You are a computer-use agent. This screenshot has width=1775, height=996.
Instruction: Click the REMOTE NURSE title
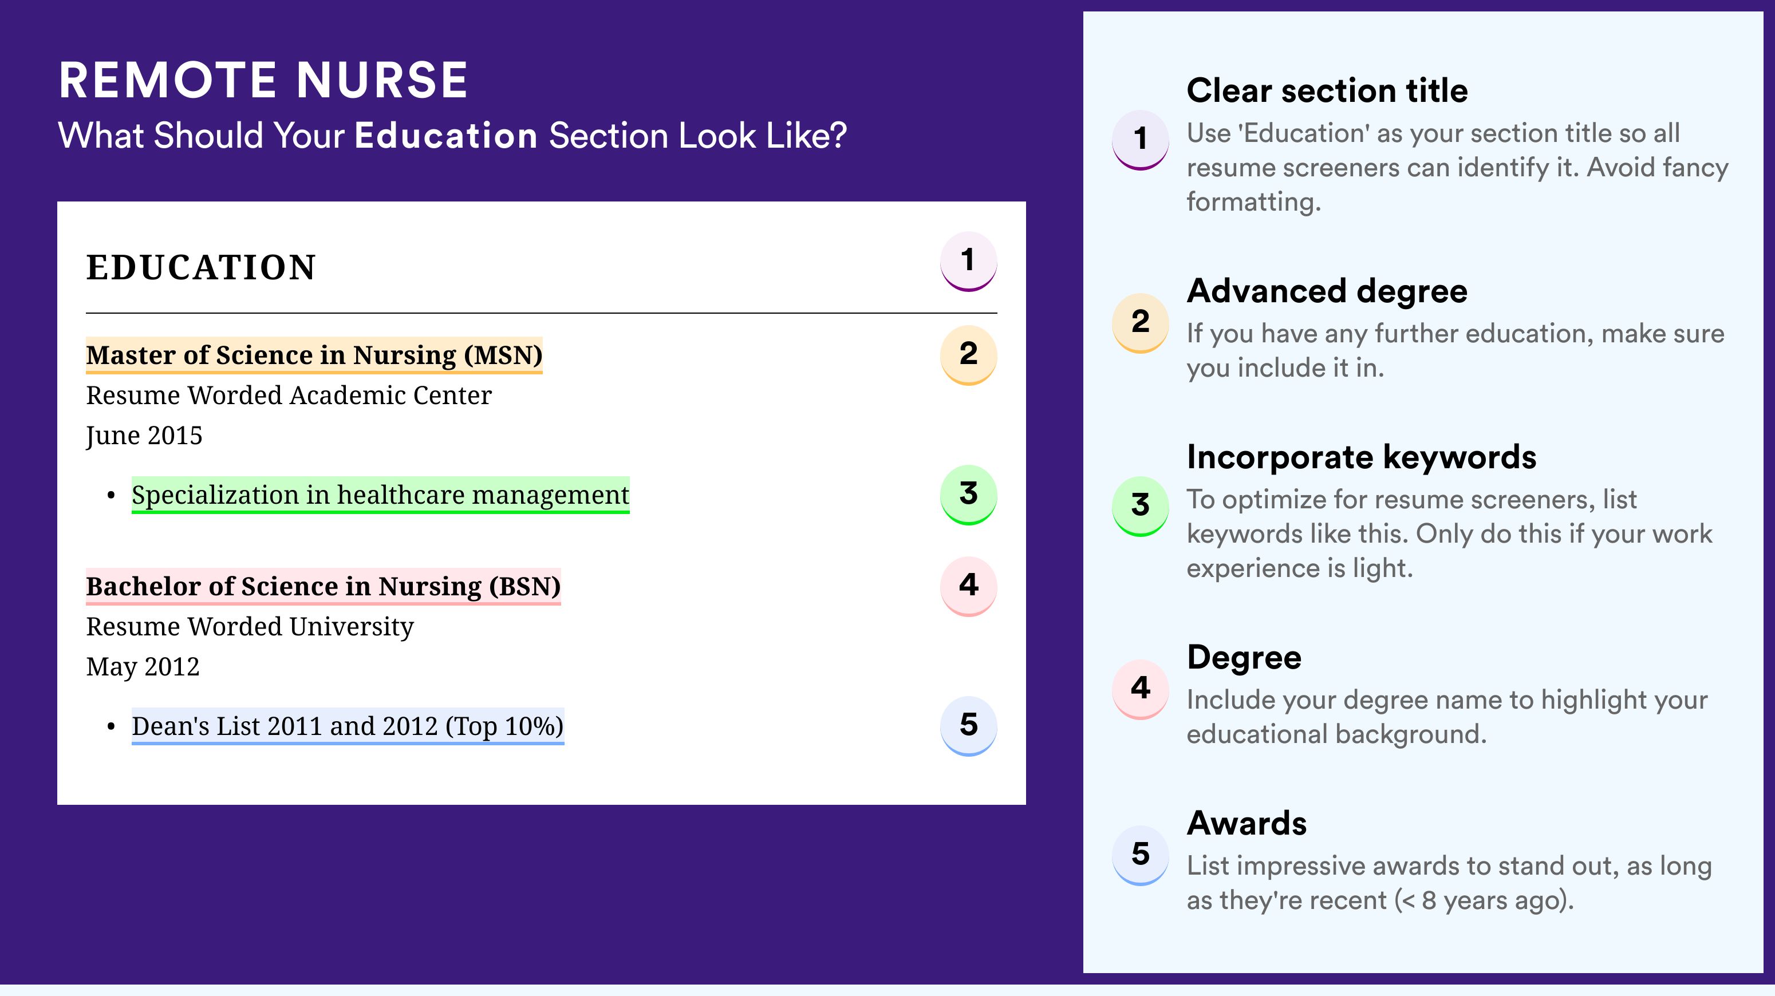click(x=263, y=80)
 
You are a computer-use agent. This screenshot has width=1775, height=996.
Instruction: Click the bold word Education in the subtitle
click(x=446, y=135)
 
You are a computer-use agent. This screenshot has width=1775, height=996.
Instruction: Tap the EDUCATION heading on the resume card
click(x=200, y=267)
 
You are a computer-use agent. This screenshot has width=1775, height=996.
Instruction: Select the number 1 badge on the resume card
click(x=968, y=261)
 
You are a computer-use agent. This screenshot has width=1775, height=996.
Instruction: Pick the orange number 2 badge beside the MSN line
click(x=968, y=355)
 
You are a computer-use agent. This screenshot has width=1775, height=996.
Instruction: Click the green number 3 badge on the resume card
click(x=968, y=495)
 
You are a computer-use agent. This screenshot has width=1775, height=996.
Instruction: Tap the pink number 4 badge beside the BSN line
click(x=968, y=586)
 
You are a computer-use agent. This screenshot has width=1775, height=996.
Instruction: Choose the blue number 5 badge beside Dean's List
click(x=968, y=726)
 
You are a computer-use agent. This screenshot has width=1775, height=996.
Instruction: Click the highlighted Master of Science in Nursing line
click(x=314, y=355)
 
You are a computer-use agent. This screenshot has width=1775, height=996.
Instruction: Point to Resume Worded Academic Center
click(x=289, y=396)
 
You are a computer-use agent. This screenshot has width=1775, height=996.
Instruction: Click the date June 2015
click(x=144, y=436)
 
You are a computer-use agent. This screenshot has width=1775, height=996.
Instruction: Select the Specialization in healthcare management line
click(x=380, y=495)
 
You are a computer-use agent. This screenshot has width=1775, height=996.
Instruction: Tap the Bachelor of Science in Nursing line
click(x=323, y=587)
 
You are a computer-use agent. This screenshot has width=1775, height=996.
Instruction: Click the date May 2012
click(x=143, y=667)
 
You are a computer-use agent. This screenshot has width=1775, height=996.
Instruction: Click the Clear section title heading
click(x=1327, y=90)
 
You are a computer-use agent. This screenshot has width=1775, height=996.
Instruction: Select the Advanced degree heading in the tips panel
click(x=1327, y=291)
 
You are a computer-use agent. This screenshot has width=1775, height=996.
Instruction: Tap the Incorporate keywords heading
click(x=1362, y=457)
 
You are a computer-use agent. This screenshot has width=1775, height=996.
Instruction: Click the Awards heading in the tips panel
click(x=1247, y=823)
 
